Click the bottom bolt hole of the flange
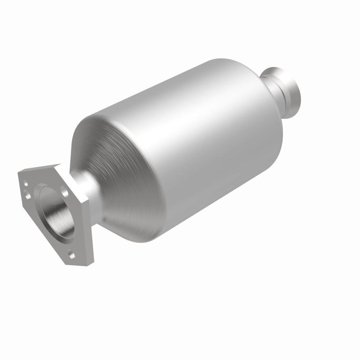coord(72,254)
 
